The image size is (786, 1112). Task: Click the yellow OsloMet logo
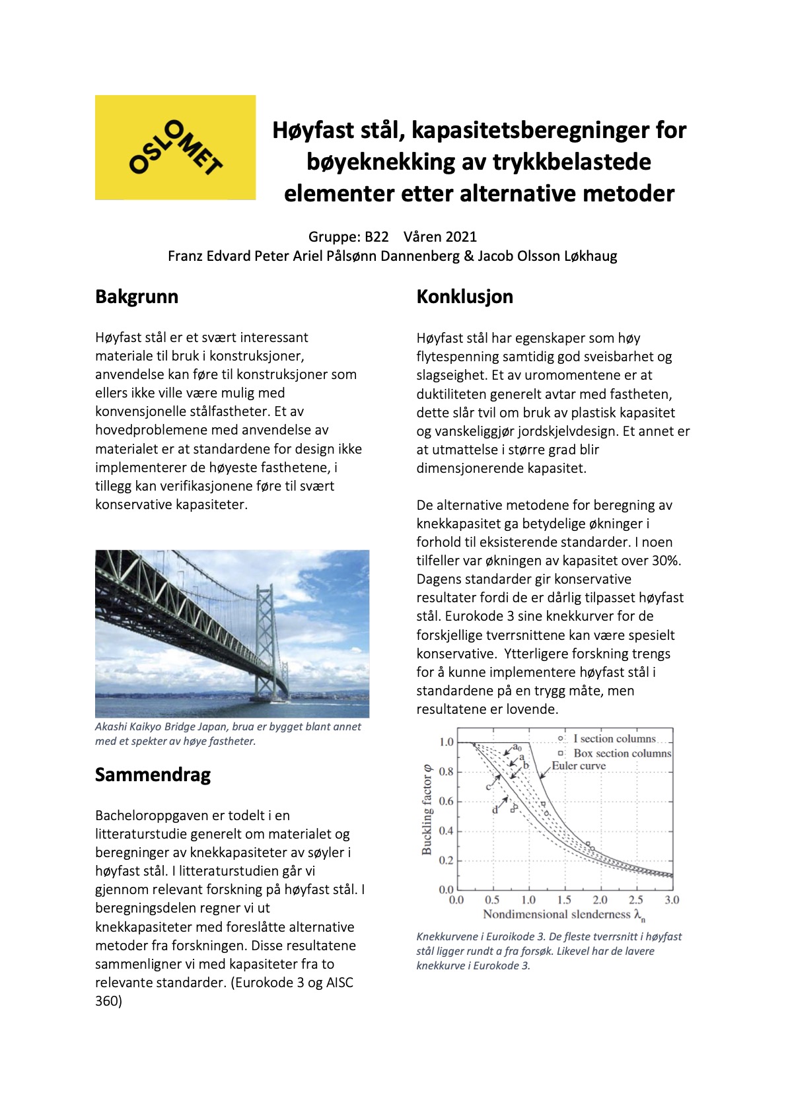pyautogui.click(x=175, y=147)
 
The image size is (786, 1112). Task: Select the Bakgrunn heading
pyautogui.click(x=137, y=296)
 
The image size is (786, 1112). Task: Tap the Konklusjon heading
pyautogui.click(x=464, y=297)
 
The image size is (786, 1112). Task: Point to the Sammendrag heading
pyautogui.click(x=153, y=775)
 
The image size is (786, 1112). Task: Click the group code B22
pyautogui.click(x=376, y=236)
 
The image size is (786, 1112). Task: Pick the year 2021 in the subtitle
pyautogui.click(x=460, y=236)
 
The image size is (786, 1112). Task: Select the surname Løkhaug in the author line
pyautogui.click(x=590, y=256)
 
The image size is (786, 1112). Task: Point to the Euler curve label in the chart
pyautogui.click(x=579, y=766)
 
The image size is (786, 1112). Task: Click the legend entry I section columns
pyautogui.click(x=614, y=739)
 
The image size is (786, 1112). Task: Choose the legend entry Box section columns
pyautogui.click(x=622, y=753)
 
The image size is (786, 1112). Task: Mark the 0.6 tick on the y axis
pyautogui.click(x=447, y=802)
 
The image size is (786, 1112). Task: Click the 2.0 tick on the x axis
pyautogui.click(x=600, y=900)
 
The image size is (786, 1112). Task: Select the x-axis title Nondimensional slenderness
pyautogui.click(x=557, y=915)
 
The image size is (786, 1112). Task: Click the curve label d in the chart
pyautogui.click(x=495, y=810)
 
